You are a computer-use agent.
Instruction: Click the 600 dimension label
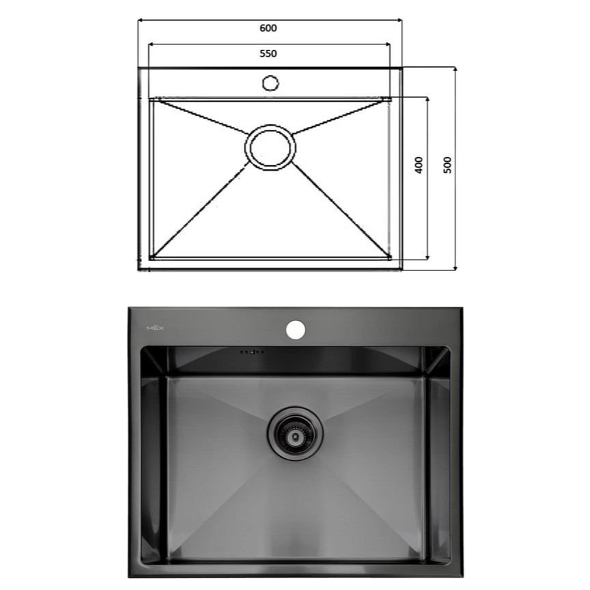(x=268, y=28)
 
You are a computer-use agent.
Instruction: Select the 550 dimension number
(x=268, y=54)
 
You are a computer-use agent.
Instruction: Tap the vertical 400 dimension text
(x=419, y=165)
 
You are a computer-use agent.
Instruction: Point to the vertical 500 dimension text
(x=447, y=165)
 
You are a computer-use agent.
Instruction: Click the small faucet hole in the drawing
(x=270, y=83)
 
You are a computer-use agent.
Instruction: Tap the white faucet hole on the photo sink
(x=296, y=329)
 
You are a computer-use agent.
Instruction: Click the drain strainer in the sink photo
(x=294, y=434)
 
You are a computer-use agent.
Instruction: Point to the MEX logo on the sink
(x=155, y=328)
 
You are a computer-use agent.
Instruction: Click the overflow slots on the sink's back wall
(x=252, y=352)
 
